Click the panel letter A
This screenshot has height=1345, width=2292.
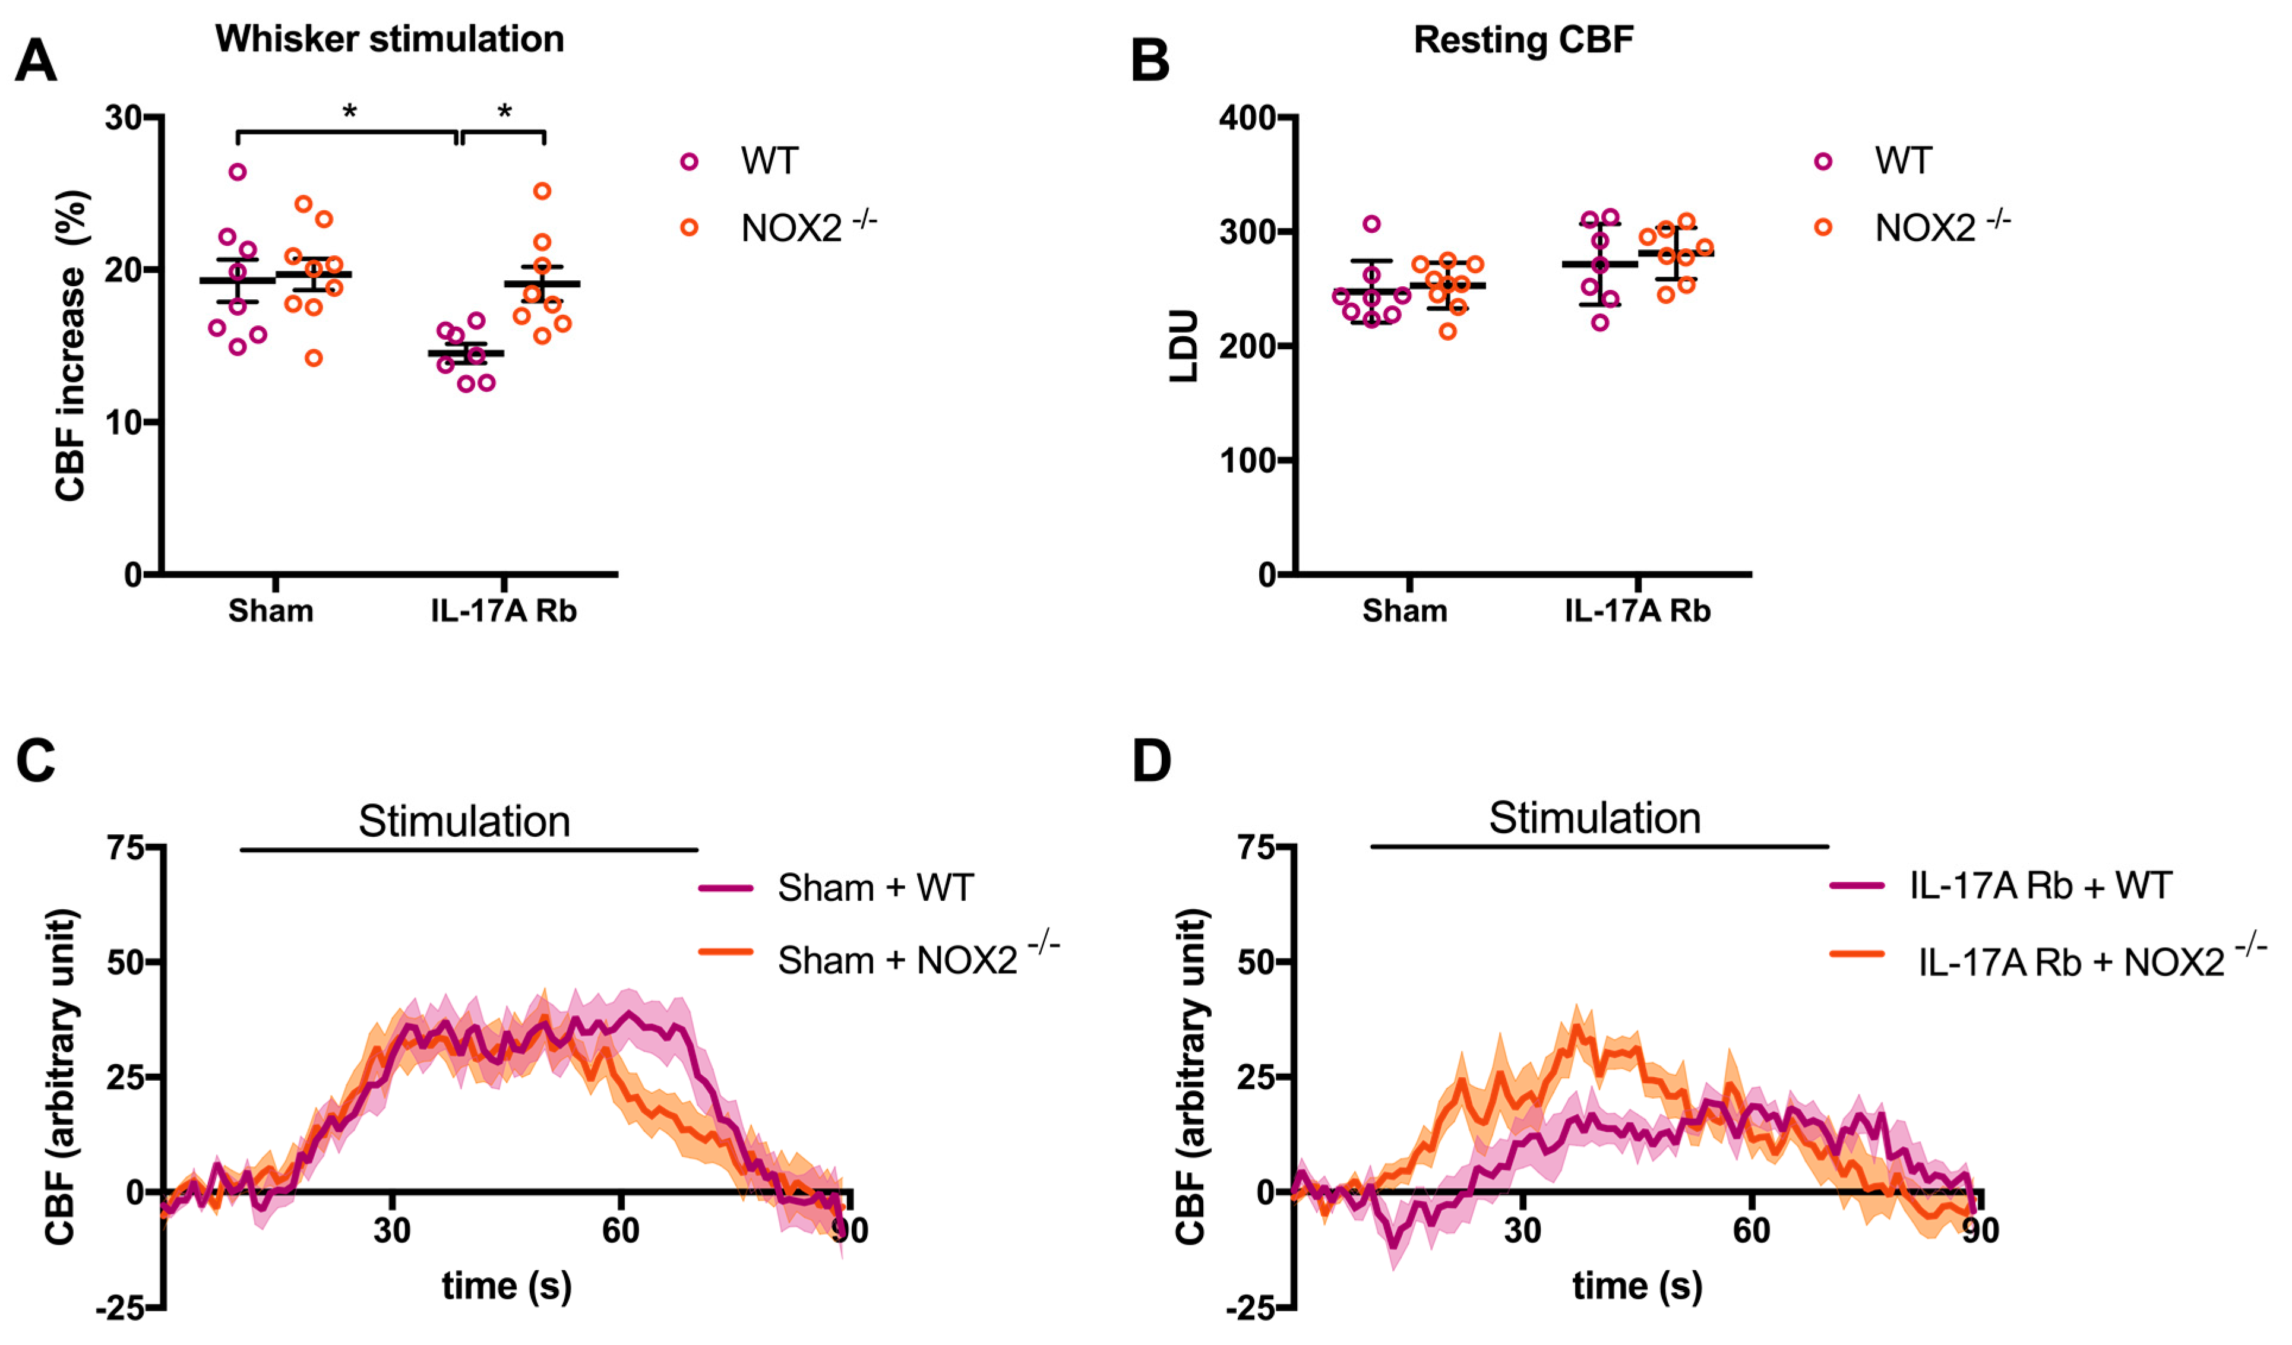36,62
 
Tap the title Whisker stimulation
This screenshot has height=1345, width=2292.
389,39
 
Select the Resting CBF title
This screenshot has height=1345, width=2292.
1523,40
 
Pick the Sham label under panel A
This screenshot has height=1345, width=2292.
270,611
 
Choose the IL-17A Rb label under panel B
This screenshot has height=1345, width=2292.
1637,611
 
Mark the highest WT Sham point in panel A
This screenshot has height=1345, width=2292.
238,172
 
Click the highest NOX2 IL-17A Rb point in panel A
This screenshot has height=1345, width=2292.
542,191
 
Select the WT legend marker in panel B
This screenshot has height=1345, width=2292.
1823,162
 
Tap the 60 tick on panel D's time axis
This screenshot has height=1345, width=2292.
1751,1230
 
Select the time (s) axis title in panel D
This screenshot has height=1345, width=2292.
1637,1286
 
